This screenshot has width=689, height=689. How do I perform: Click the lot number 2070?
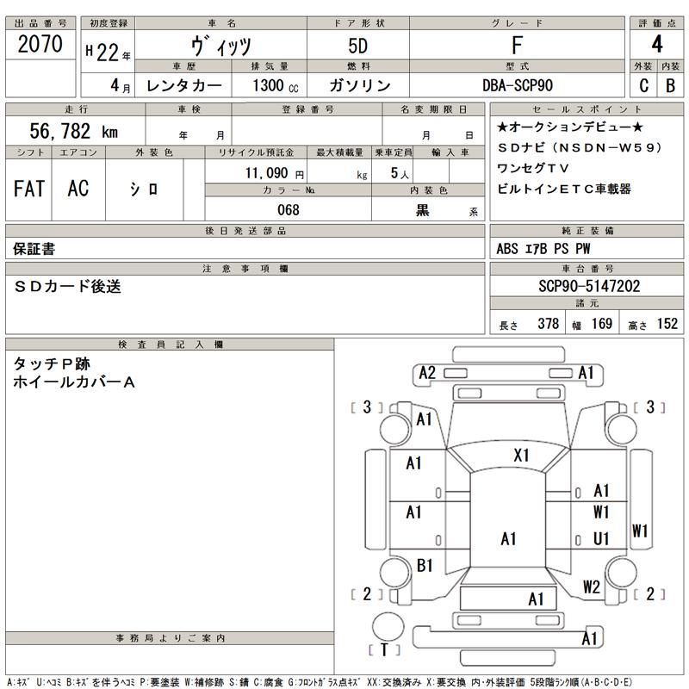[x=40, y=46]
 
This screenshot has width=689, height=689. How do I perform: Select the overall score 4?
[x=658, y=45]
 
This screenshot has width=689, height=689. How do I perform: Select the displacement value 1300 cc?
[x=276, y=85]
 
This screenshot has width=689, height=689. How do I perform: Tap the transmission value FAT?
[x=29, y=189]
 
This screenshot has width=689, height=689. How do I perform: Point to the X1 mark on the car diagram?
[x=521, y=455]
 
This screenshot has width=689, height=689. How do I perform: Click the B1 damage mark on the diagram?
[x=424, y=566]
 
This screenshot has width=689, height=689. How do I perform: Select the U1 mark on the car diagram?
[x=601, y=538]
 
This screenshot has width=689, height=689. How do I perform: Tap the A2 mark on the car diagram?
[x=427, y=373]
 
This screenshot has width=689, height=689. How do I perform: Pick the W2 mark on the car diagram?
[x=591, y=587]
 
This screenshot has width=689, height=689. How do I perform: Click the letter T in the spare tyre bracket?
[x=384, y=649]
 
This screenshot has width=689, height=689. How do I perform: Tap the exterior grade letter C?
[x=644, y=85]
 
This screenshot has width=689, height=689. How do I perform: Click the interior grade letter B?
[x=670, y=85]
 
